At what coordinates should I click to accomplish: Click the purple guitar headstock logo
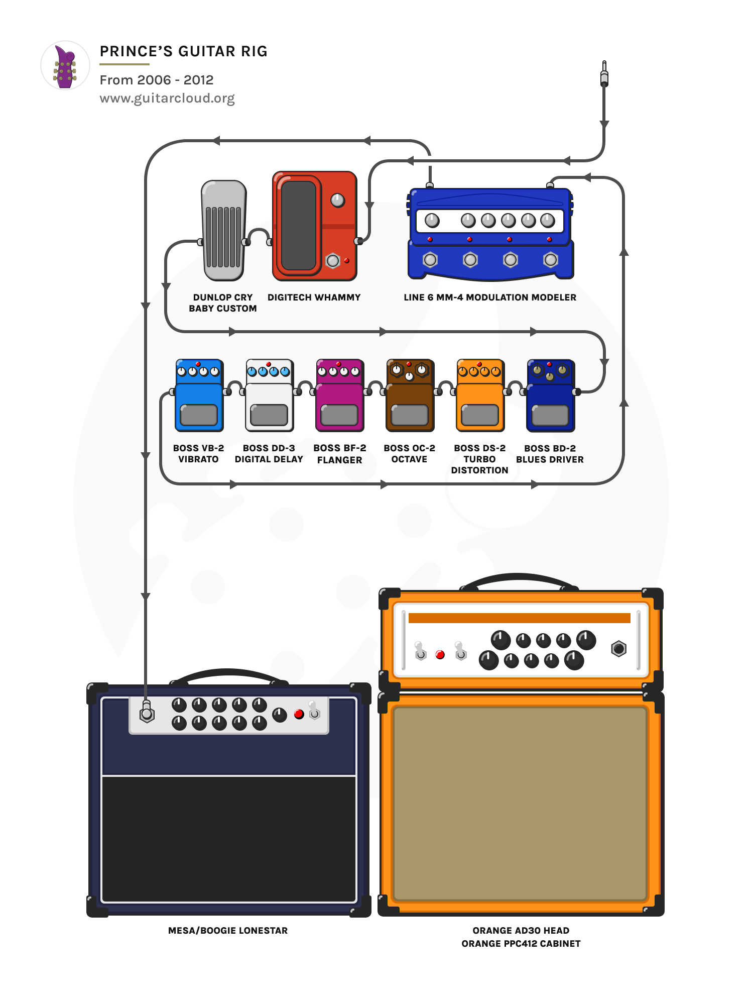coord(65,66)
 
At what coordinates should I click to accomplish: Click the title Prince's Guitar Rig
coord(183,51)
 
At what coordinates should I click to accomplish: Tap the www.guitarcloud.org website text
coord(167,98)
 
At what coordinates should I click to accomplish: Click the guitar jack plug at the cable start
coord(604,74)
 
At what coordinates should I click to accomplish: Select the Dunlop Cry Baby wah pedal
coord(224,230)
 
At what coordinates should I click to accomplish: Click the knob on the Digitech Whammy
coord(338,201)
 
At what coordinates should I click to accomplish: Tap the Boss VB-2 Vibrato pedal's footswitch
coord(199,415)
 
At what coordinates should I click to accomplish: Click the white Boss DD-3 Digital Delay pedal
coord(269,397)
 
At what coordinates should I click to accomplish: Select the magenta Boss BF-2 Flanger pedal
coord(339,397)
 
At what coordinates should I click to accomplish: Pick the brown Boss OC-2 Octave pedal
coord(410,397)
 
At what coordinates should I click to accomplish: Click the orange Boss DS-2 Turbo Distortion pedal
coord(480,397)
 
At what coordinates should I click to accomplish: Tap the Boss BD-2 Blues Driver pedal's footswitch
coord(550,416)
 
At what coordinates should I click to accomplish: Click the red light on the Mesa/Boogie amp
coord(299,714)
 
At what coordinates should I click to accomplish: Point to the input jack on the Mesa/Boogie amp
coord(147,714)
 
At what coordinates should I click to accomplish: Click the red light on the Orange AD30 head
coord(440,655)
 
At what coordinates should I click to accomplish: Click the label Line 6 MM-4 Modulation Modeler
coord(490,297)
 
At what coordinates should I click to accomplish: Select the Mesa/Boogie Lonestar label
coord(228,931)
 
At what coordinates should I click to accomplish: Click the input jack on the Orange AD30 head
coord(618,649)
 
